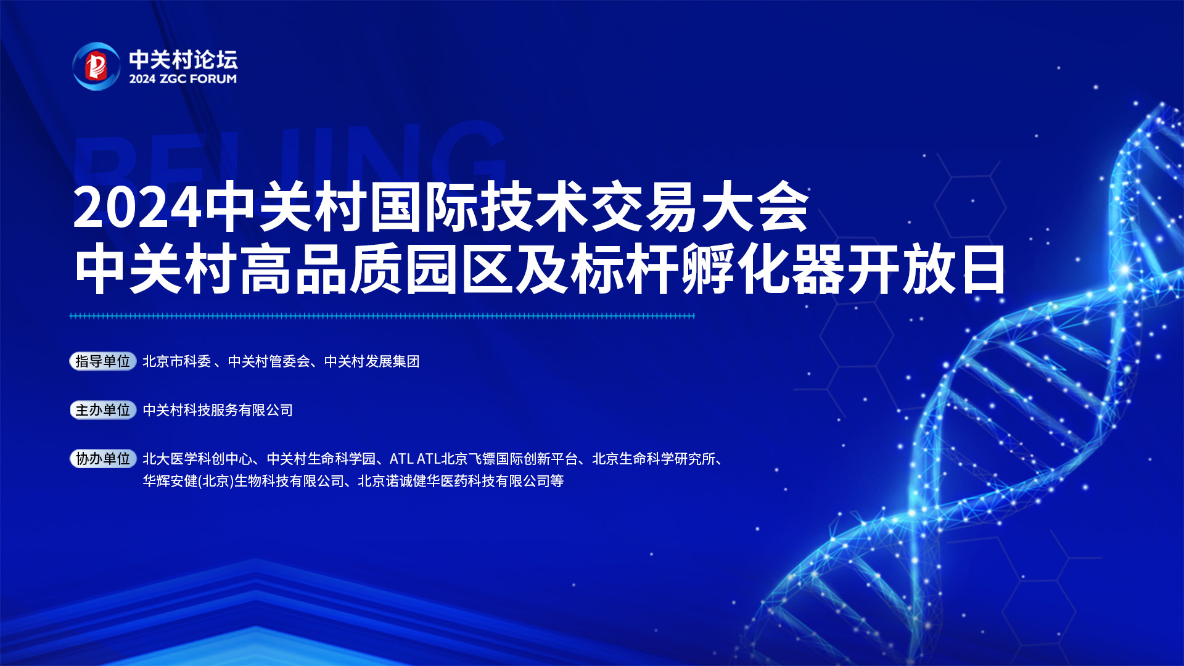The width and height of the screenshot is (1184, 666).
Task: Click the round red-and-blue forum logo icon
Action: pyautogui.click(x=96, y=66)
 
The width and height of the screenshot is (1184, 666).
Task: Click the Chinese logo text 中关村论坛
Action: pyautogui.click(x=183, y=59)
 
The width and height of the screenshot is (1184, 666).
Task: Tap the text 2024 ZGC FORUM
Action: pyautogui.click(x=183, y=79)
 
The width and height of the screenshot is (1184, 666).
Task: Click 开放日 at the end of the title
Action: pyautogui.click(x=926, y=269)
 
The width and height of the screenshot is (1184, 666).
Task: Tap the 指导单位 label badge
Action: pyautogui.click(x=103, y=361)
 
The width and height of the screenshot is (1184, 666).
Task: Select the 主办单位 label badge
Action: pyautogui.click(x=103, y=410)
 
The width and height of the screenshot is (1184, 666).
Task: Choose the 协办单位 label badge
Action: pyautogui.click(x=103, y=459)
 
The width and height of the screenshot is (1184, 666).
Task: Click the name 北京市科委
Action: pyautogui.click(x=177, y=361)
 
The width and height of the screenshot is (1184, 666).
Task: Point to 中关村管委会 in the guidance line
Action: pyautogui.click(x=269, y=361)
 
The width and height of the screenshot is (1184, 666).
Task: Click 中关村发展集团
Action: pyautogui.click(x=372, y=361)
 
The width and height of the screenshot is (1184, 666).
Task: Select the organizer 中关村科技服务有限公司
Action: pyautogui.click(x=218, y=410)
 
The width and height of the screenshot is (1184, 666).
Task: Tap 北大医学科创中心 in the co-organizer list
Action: pyautogui.click(x=197, y=459)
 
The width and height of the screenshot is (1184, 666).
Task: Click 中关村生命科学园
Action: pyautogui.click(x=321, y=459)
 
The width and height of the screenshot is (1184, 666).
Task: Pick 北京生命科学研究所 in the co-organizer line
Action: pyautogui.click(x=654, y=459)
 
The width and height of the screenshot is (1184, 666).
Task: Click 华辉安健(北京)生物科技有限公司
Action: pyautogui.click(x=244, y=481)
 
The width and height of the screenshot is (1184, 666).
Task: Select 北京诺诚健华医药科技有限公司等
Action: pyautogui.click(x=461, y=481)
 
